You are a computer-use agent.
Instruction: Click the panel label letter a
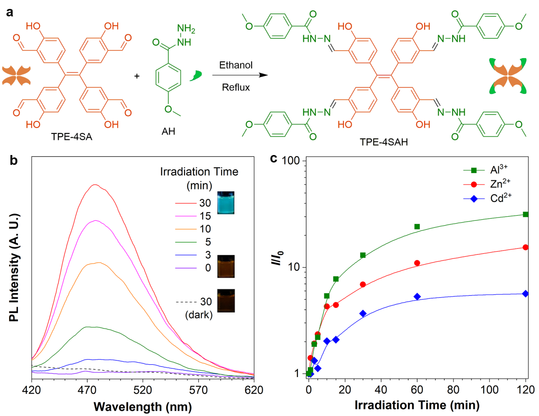pyautogui.click(x=9, y=12)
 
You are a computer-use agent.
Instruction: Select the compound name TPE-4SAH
pyautogui.click(x=383, y=142)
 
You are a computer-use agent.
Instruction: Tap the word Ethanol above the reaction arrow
pyautogui.click(x=236, y=65)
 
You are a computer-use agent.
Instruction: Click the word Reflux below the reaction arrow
pyautogui.click(x=236, y=87)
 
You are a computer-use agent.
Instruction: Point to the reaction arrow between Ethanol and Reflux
pyautogui.click(x=240, y=75)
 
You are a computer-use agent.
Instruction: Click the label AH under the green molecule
pyautogui.click(x=168, y=131)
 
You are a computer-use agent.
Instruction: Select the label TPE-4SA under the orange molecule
pyautogui.click(x=71, y=137)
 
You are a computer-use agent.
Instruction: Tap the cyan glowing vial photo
pyautogui.click(x=226, y=203)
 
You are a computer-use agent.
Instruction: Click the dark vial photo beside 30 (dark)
pyautogui.click(x=226, y=301)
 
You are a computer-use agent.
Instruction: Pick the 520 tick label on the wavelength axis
pyautogui.click(x=143, y=390)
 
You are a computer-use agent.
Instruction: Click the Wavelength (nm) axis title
pyautogui.click(x=143, y=406)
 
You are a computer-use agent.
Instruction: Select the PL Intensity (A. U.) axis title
pyautogui.click(x=14, y=267)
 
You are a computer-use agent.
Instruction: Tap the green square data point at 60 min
pyautogui.click(x=417, y=226)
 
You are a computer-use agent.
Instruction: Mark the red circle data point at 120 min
pyautogui.click(x=526, y=247)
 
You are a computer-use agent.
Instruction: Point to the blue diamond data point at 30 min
pyautogui.click(x=363, y=313)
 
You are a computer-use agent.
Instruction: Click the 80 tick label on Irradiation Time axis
pyautogui.click(x=453, y=390)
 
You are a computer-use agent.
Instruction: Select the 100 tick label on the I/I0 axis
pyautogui.click(x=290, y=161)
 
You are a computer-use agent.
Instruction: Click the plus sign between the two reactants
pyautogui.click(x=137, y=76)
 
